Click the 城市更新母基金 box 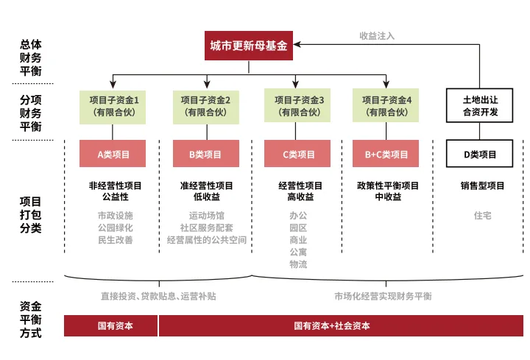[248, 46]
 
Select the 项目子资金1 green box [113, 106]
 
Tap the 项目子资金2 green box [206, 106]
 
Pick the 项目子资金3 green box [299, 106]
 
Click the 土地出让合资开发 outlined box [480, 106]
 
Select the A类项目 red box [113, 155]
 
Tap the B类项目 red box [206, 155]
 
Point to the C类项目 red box [299, 155]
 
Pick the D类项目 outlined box [480, 155]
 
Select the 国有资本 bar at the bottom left [110, 325]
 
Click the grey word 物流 [298, 264]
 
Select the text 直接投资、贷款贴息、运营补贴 [158, 296]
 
